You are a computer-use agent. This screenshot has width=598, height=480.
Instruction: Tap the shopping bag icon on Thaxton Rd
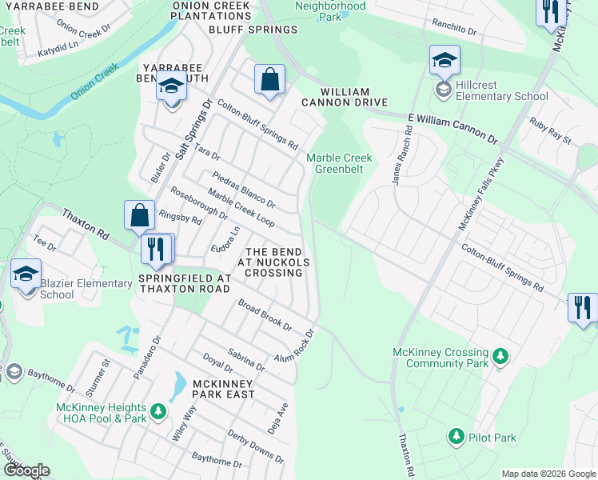139,215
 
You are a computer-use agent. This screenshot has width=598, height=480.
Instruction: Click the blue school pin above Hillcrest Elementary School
445,60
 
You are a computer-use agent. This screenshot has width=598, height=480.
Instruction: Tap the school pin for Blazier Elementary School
26,274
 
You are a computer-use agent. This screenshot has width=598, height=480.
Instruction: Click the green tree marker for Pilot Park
456,437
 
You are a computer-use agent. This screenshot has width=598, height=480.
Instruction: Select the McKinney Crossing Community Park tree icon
500,355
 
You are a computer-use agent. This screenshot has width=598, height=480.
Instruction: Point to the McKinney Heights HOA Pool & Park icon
158,411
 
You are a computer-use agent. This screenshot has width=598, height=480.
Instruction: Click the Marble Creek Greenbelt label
339,163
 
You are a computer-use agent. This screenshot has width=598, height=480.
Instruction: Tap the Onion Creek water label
94,83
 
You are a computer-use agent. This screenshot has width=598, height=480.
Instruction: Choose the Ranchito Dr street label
453,28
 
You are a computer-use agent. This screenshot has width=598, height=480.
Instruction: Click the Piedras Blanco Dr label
244,189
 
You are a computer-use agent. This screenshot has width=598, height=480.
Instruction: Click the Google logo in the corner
26,470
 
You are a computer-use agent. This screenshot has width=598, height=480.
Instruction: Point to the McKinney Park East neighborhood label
223,389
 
